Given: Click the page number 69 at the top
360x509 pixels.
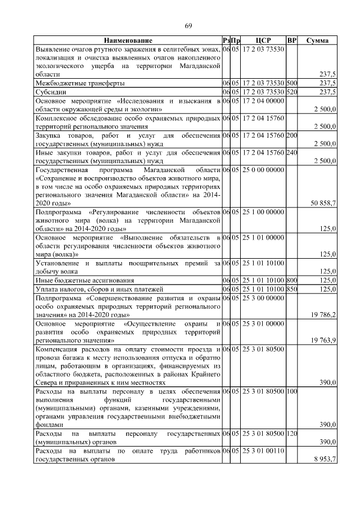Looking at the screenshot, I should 188,26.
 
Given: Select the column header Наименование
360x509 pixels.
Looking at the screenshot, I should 128,41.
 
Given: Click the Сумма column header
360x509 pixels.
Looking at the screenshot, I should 318,41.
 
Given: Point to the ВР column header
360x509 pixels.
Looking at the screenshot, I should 292,41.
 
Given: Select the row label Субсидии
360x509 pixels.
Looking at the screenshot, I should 51,91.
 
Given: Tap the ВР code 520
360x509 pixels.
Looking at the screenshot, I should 292,91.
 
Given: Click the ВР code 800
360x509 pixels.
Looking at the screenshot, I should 292,280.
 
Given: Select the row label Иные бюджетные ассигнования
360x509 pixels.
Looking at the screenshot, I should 85,280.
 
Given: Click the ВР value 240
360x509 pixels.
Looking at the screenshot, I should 292,152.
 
